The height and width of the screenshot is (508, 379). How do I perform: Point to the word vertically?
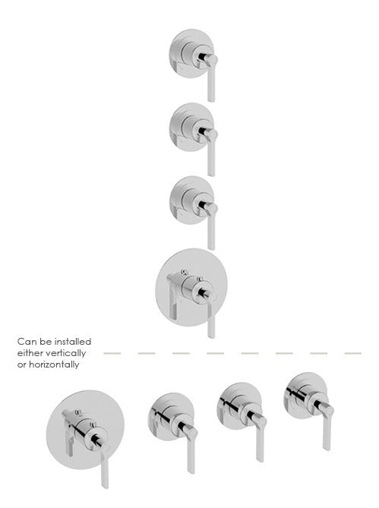[65, 353]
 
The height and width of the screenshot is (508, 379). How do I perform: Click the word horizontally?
[54, 364]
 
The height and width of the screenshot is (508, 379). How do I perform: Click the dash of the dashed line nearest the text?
[112, 353]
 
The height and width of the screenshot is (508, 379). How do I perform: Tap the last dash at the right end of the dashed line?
[353, 353]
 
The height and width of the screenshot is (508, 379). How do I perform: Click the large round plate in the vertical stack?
[191, 287]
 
